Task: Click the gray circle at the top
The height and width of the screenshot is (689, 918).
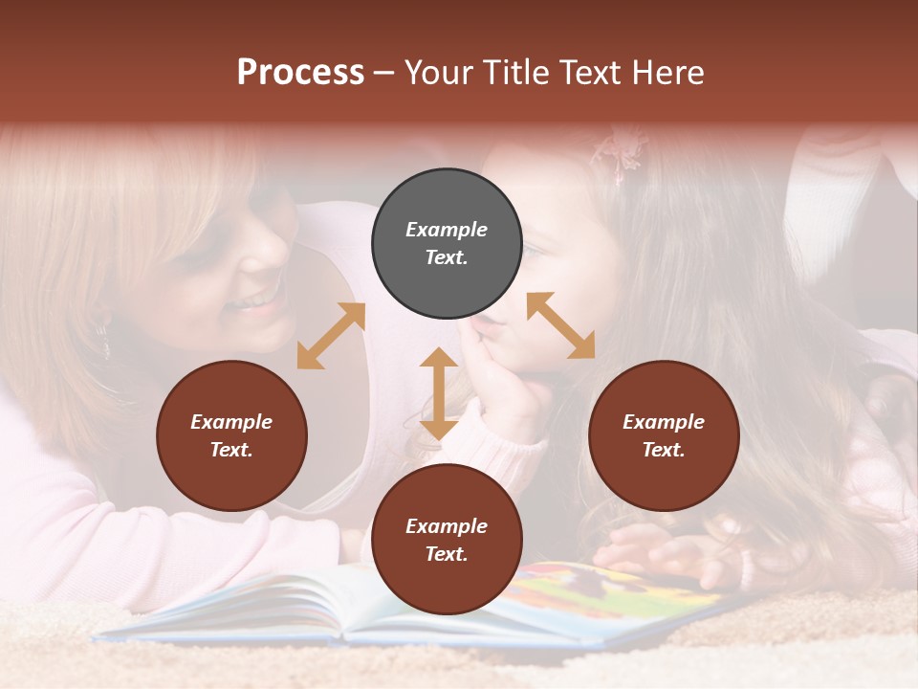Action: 447,244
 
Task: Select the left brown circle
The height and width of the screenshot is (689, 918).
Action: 231,435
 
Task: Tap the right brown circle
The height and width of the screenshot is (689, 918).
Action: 664,435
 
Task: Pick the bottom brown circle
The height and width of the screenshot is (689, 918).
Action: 447,540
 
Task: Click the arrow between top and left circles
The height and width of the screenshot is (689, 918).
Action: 331,336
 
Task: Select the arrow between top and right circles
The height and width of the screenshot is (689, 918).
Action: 561,325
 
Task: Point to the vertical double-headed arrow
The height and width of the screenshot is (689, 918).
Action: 439,393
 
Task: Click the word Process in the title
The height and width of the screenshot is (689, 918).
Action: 300,73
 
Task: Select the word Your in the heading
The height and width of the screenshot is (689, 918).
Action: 441,73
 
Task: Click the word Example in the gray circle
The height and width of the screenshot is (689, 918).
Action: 447,230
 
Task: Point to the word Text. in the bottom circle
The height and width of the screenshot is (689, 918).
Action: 447,554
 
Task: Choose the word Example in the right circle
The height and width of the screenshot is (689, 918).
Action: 664,422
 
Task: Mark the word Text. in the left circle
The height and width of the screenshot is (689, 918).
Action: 231,450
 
